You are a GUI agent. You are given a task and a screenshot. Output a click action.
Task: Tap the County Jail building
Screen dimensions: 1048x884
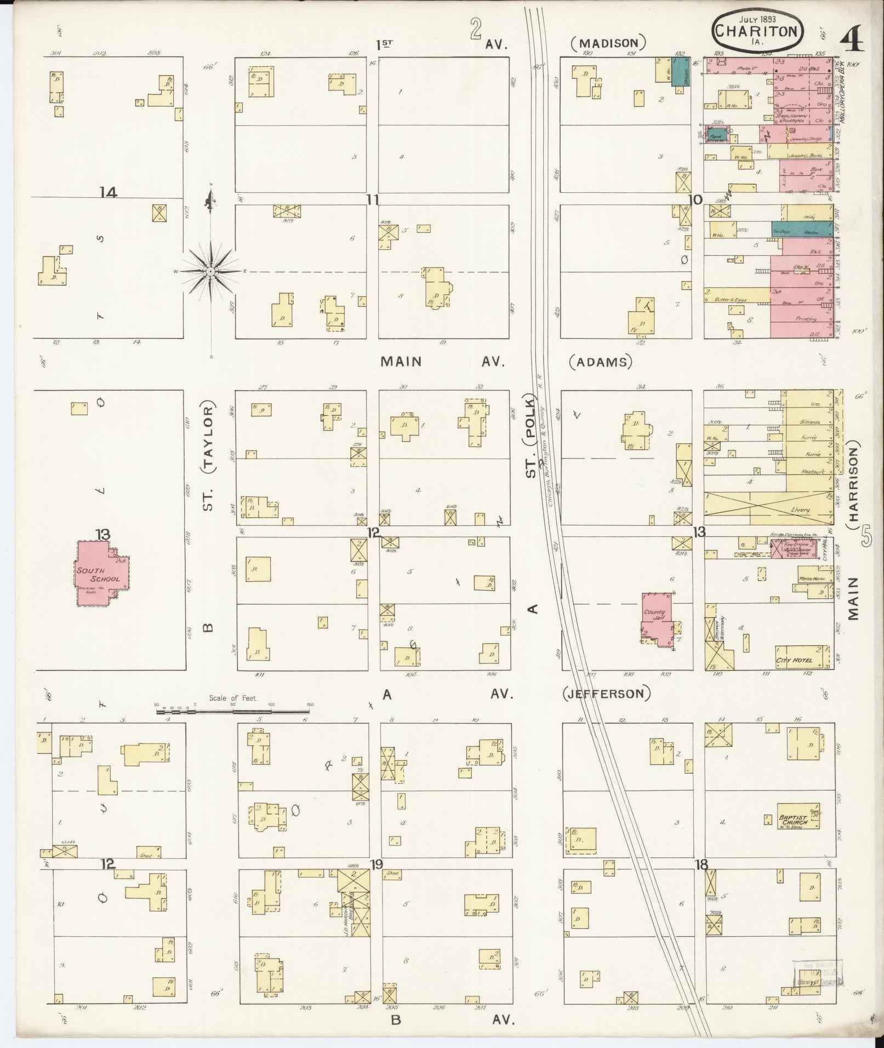656,617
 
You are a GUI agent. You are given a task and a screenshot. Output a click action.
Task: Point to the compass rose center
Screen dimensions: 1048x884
211,271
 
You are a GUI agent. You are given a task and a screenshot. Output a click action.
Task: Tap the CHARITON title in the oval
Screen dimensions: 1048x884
758,31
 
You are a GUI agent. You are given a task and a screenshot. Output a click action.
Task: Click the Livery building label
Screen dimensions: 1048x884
800,510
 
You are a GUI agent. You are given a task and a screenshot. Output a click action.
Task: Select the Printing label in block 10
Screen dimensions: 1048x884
806,319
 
